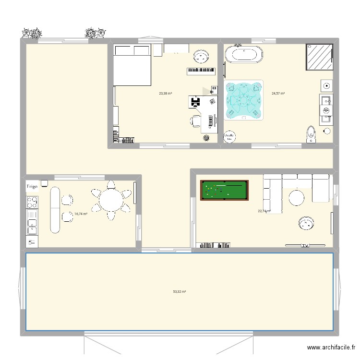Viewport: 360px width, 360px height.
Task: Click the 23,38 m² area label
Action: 166,94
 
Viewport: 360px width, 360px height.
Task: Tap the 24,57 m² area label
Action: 278,94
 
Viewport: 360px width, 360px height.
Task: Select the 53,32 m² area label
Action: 180,291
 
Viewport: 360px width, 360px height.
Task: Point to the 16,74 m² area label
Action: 81,214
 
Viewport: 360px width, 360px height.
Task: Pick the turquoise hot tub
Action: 244,99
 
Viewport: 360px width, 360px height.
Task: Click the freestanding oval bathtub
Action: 244,54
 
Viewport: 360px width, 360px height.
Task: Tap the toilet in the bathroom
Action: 312,135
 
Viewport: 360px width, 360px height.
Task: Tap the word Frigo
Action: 32,185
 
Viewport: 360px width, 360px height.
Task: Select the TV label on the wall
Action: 305,246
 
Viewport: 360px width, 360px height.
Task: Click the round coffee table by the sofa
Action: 297,197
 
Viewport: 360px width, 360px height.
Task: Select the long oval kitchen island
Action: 54,209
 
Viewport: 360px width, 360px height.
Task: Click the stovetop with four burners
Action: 32,200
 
